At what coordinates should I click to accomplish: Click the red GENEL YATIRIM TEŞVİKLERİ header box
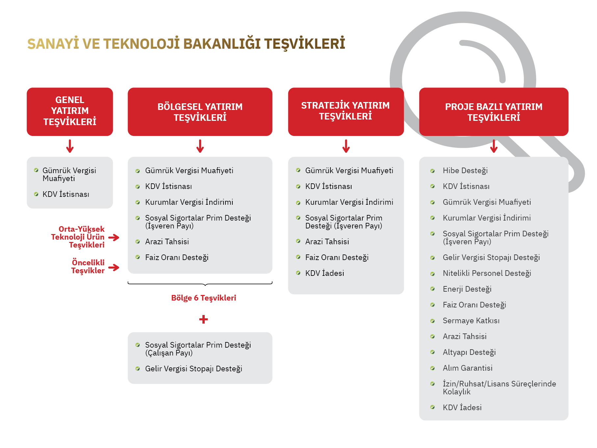pyautogui.click(x=70, y=111)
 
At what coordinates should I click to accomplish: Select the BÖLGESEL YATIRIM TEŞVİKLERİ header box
pyautogui.click(x=200, y=112)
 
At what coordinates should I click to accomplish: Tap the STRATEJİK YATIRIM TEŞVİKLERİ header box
pyautogui.click(x=346, y=111)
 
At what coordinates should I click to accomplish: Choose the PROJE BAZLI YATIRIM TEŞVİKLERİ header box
pyautogui.click(x=493, y=112)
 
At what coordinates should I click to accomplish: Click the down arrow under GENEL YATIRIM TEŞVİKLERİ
pyautogui.click(x=70, y=146)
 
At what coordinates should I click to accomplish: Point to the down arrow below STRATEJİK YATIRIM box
pyautogui.click(x=346, y=146)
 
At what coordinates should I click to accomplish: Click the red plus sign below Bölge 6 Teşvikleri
pyautogui.click(x=203, y=319)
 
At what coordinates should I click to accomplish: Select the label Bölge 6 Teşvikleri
pyautogui.click(x=203, y=298)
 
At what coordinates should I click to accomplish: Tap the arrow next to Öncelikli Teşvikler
pyautogui.click(x=114, y=267)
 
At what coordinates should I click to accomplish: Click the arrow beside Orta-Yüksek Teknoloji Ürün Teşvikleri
pyautogui.click(x=114, y=237)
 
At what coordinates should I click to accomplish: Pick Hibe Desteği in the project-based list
pyautogui.click(x=465, y=171)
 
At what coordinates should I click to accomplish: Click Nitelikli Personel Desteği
pyautogui.click(x=487, y=273)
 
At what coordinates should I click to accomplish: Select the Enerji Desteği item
pyautogui.click(x=467, y=289)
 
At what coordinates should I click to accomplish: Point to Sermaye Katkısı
pyautogui.click(x=471, y=321)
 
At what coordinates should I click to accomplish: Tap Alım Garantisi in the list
pyautogui.click(x=467, y=368)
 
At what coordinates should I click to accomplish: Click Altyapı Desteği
pyautogui.click(x=469, y=352)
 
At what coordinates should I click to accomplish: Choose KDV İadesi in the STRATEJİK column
pyautogui.click(x=324, y=273)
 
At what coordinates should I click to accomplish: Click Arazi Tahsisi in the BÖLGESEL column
pyautogui.click(x=167, y=242)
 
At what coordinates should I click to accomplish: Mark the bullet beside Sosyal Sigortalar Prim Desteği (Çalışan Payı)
pyautogui.click(x=138, y=345)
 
